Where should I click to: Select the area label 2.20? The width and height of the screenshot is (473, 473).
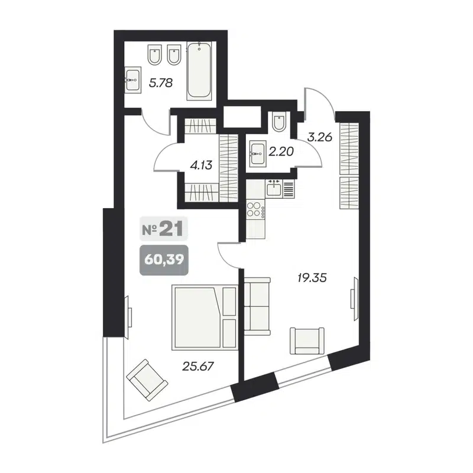point(281,151)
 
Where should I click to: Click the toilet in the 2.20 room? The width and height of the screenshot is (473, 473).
point(280,123)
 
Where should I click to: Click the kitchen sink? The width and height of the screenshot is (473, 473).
point(275,188)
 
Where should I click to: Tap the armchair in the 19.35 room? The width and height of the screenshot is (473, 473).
point(307,340)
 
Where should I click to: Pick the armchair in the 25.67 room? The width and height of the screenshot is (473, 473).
point(145,378)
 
